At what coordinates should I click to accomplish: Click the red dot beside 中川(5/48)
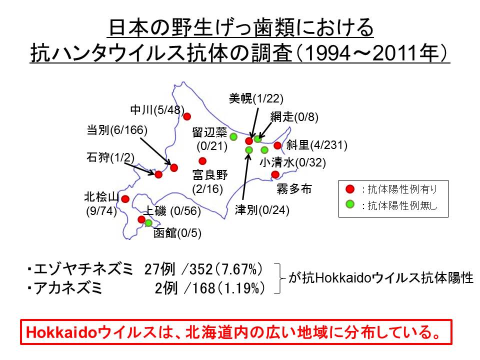(x=187, y=116)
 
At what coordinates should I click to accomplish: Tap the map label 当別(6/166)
(x=117, y=130)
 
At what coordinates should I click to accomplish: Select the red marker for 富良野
(x=202, y=161)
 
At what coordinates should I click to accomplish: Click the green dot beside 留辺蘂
(x=233, y=136)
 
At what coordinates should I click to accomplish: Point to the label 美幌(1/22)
(x=256, y=98)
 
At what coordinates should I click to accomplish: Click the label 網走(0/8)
(x=294, y=117)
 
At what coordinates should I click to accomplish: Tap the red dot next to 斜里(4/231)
(x=277, y=145)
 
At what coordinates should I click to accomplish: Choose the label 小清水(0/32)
(x=292, y=162)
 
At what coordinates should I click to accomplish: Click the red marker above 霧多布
(x=275, y=174)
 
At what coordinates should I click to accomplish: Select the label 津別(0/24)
(x=262, y=210)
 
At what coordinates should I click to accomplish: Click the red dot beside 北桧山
(x=125, y=199)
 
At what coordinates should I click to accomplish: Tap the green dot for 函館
(x=148, y=223)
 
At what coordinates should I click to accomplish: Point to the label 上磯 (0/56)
(x=172, y=211)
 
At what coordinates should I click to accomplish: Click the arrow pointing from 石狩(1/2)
(x=139, y=168)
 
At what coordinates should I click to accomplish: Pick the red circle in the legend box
(x=350, y=189)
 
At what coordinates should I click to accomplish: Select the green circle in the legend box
(x=350, y=204)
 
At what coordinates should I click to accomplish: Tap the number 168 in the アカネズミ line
(x=203, y=288)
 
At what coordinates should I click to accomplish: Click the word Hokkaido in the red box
(x=62, y=332)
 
